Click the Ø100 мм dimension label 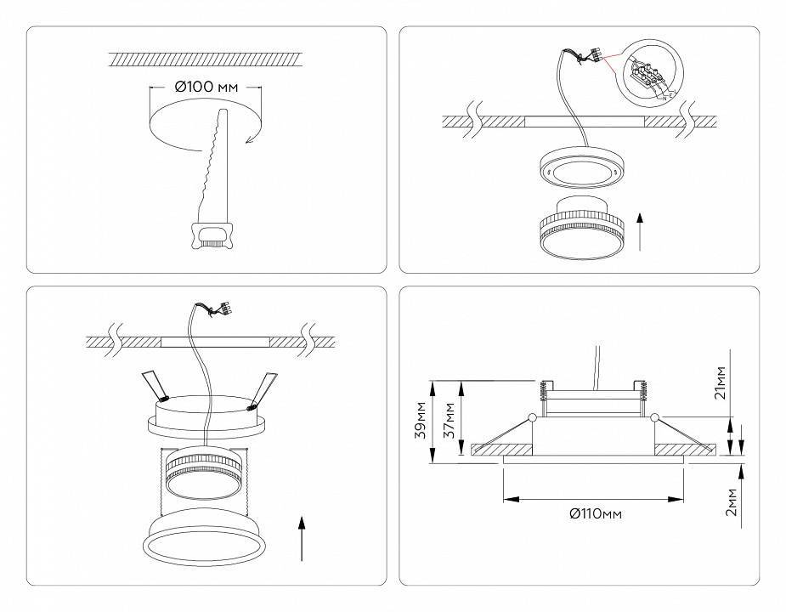coord(205,87)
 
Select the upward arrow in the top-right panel coord(639,229)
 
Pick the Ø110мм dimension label coord(594,513)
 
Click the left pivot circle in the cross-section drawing coord(532,417)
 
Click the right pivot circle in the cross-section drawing coord(655,417)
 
